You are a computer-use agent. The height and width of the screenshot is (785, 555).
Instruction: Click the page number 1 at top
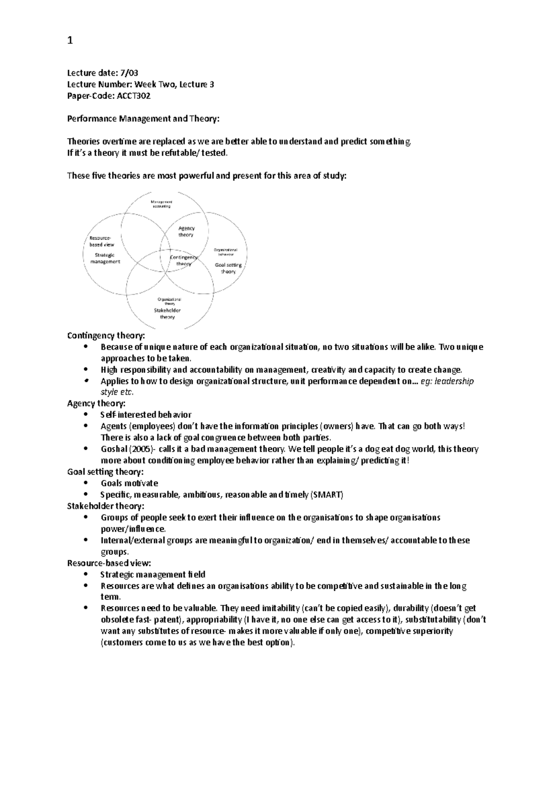coord(70,41)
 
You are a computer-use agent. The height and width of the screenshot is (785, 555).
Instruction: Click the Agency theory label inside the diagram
coord(186,232)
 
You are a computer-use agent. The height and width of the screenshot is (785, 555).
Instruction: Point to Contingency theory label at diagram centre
coord(184,260)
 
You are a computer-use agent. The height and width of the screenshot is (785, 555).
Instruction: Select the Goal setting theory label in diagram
coord(228,268)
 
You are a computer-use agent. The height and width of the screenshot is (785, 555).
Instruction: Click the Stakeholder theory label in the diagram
coord(167,313)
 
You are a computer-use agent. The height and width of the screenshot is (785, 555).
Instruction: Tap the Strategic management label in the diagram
coord(105,258)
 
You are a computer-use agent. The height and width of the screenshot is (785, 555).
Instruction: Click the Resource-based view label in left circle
coord(101,241)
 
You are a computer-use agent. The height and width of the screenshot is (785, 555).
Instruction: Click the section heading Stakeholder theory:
coord(105,506)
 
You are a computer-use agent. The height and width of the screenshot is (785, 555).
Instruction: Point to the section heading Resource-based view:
coord(109,563)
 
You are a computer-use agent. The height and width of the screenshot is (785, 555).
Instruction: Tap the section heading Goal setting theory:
coord(105,472)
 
